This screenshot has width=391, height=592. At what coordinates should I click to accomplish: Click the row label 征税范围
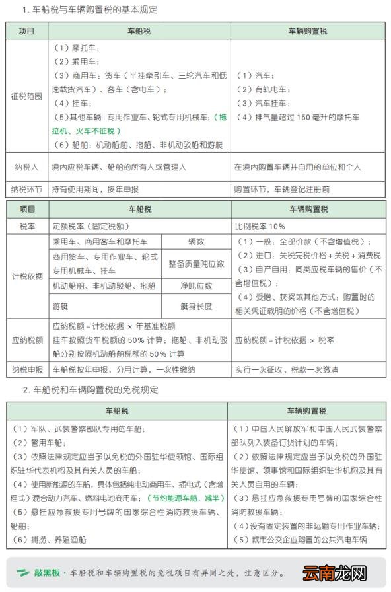pos(26,96)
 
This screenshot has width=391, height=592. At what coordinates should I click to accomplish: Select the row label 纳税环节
pos(26,189)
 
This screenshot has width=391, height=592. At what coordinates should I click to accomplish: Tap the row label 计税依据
pos(26,277)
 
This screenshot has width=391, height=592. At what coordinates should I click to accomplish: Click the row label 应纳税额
pos(26,340)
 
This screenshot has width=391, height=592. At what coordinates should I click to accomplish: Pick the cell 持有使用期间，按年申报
pos(95,189)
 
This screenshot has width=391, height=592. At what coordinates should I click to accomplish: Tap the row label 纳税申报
pos(26,369)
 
